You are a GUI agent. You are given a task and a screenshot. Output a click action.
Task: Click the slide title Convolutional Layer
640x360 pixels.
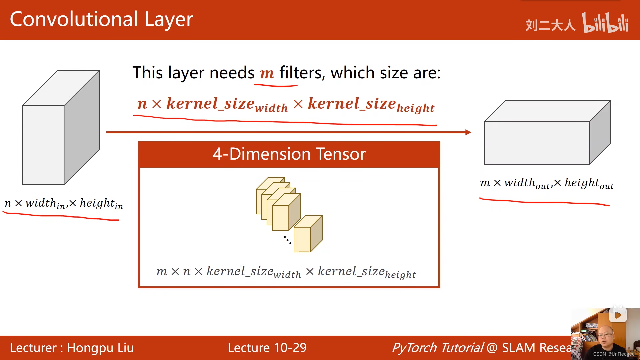pyautogui.click(x=101, y=19)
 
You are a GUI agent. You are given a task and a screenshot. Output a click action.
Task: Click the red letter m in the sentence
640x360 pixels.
pyautogui.click(x=267, y=73)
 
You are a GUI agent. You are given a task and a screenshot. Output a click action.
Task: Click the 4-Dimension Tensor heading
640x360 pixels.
pyautogui.click(x=289, y=154)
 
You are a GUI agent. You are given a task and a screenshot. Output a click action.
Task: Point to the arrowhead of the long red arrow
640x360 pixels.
pyautogui.click(x=468, y=132)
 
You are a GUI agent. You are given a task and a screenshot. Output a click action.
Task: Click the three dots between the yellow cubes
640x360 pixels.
pyautogui.click(x=287, y=240)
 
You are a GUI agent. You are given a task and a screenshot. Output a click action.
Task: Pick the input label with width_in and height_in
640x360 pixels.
pyautogui.click(x=64, y=204)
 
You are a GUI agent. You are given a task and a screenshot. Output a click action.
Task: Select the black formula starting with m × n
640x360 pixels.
pyautogui.click(x=286, y=272)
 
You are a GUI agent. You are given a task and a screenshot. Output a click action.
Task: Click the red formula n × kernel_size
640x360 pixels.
pyautogui.click(x=286, y=104)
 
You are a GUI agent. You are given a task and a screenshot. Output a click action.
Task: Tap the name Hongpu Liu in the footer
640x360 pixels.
pyautogui.click(x=100, y=348)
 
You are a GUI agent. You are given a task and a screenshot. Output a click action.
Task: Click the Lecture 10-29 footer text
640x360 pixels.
pyautogui.click(x=267, y=348)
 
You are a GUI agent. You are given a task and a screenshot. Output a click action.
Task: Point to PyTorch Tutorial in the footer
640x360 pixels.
pyautogui.click(x=437, y=348)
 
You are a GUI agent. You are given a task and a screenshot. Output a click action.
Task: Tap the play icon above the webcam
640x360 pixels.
pyautogui.click(x=618, y=315)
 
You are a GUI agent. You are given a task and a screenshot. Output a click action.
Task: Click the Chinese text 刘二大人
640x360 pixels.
pyautogui.click(x=550, y=25)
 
